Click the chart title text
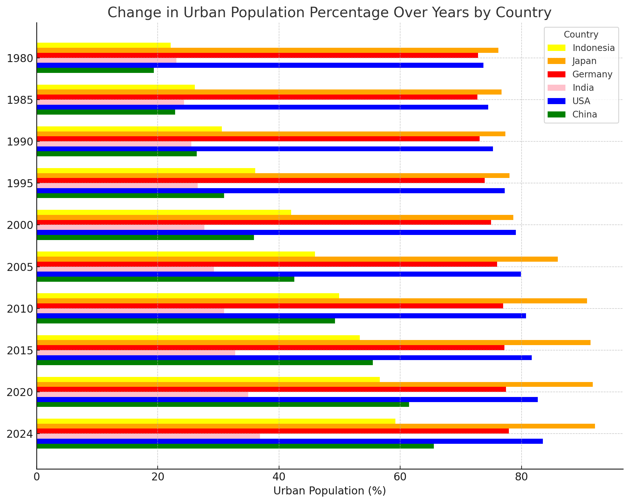click(329, 13)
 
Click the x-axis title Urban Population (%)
click(329, 491)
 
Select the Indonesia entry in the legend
click(593, 48)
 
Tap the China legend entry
click(585, 114)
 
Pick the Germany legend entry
click(592, 74)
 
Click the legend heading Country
click(581, 34)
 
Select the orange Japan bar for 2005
click(297, 259)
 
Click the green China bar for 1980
click(95, 70)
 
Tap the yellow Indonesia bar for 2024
click(216, 421)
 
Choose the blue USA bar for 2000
click(276, 232)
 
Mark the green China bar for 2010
click(186, 321)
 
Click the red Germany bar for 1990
click(258, 139)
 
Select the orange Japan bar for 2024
click(316, 426)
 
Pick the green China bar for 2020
click(223, 404)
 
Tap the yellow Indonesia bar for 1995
click(146, 171)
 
